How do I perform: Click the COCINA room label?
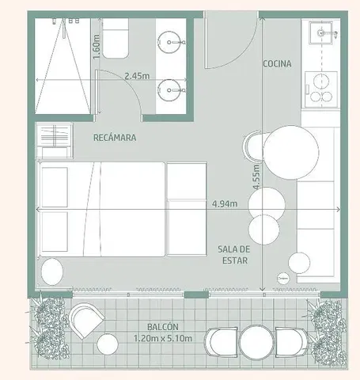pos(277,63)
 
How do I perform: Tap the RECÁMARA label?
pos(115,138)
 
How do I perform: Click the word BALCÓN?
pos(163,327)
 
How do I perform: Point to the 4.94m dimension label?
pos(225,203)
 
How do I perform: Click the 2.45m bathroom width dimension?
pos(137,76)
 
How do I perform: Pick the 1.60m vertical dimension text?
pos(97,47)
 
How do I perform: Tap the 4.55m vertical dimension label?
pos(256,177)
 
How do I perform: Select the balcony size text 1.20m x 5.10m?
pos(163,338)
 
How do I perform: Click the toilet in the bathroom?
pos(116,39)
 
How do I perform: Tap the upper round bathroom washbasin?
pos(169,42)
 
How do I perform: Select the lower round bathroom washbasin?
pos(169,90)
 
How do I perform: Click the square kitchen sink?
pos(321,33)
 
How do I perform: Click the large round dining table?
pos(291,152)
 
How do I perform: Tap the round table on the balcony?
pos(256,342)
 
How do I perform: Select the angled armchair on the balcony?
pos(86,320)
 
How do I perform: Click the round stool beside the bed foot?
pos(52,272)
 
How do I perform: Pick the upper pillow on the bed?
pos(55,187)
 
